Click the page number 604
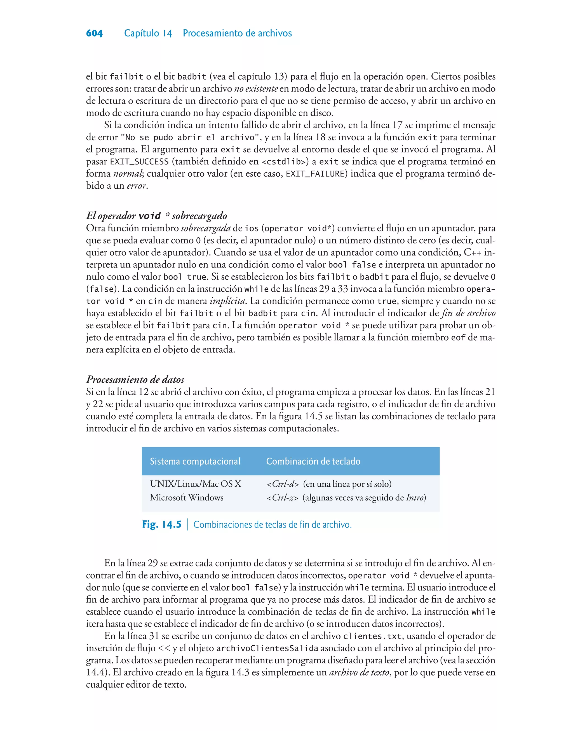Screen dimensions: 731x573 click(94, 33)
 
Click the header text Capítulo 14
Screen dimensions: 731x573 click(148, 33)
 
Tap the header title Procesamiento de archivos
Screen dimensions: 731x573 click(237, 33)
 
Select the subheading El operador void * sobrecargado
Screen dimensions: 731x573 click(156, 216)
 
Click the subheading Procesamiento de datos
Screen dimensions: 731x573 click(135, 379)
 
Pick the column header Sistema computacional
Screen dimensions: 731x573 click(195, 461)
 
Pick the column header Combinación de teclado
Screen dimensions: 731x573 click(313, 461)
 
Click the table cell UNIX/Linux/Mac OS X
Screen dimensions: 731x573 click(195, 484)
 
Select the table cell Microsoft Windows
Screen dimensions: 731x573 click(187, 498)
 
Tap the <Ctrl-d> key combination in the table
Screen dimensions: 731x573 click(283, 484)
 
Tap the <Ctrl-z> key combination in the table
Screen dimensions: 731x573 click(282, 498)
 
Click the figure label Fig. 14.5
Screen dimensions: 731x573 click(162, 524)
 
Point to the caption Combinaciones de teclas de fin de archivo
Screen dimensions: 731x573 click(273, 525)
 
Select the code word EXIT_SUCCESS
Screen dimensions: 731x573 click(139, 162)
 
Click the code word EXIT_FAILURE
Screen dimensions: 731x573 click(315, 174)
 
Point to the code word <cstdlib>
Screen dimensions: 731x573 click(283, 162)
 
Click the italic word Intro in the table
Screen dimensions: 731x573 click(415, 498)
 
